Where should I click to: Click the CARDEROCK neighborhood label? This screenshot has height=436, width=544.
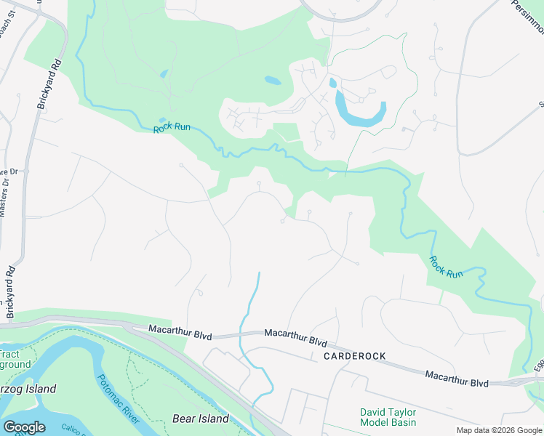tap(353, 356)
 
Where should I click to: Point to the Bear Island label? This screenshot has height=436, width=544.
tap(200, 419)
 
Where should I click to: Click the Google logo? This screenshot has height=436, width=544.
tap(24, 427)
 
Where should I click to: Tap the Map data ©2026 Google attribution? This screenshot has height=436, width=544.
tap(498, 430)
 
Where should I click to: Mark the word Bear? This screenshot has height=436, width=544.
tap(184, 419)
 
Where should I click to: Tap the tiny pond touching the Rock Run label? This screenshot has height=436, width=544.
tap(162, 121)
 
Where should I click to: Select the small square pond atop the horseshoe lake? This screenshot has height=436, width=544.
tap(333, 83)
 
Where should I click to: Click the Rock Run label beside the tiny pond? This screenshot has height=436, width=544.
tap(172, 128)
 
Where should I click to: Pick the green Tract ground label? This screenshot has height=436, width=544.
tap(15, 359)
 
